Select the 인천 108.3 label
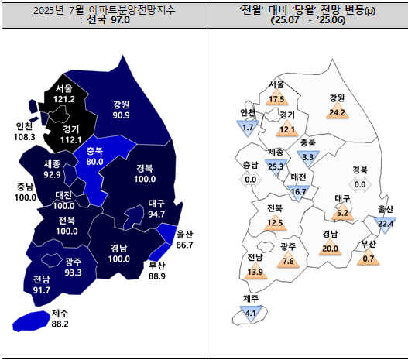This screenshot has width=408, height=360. pos(25,132)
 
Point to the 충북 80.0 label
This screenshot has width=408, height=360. pos(94,157)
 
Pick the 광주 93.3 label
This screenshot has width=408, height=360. pos(74,268)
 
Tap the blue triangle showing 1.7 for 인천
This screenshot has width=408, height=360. pos(249,126)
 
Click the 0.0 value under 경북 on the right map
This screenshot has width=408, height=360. pos(359,184)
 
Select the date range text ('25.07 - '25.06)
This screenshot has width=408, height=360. pos(307,20)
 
